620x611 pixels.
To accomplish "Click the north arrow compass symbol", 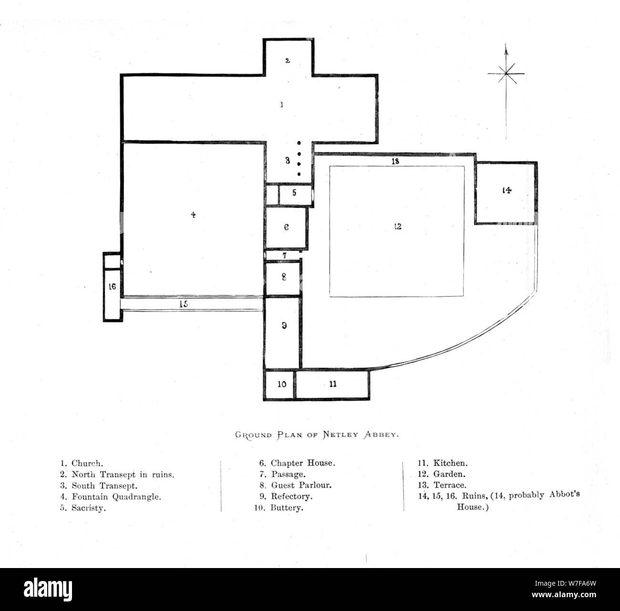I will pos(506,74).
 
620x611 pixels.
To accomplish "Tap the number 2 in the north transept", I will pos(287,61).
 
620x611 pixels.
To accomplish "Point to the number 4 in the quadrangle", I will pos(193,215).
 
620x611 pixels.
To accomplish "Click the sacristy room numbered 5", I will pos(295,193).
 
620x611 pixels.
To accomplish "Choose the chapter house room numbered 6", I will pos(286,228).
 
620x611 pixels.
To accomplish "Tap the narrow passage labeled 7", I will pos(284,256).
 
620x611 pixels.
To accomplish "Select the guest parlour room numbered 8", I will pos(283,277).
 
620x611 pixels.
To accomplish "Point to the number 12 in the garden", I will pos(397,227).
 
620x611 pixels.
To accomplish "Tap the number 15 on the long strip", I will pos(184,304).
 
